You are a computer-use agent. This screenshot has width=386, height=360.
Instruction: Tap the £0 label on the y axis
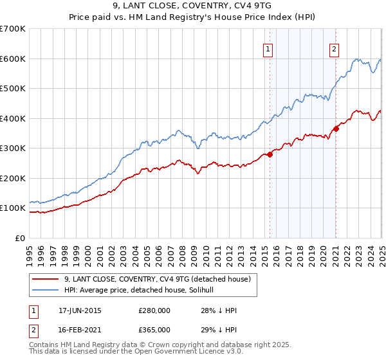coord(20,238)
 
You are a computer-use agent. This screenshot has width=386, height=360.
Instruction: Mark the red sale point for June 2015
coord(270,154)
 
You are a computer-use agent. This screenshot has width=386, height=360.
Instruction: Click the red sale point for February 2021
coord(336,129)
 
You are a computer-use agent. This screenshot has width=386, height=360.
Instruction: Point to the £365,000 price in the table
coord(154,329)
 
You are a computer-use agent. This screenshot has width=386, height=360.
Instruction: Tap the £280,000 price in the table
coord(154,310)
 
